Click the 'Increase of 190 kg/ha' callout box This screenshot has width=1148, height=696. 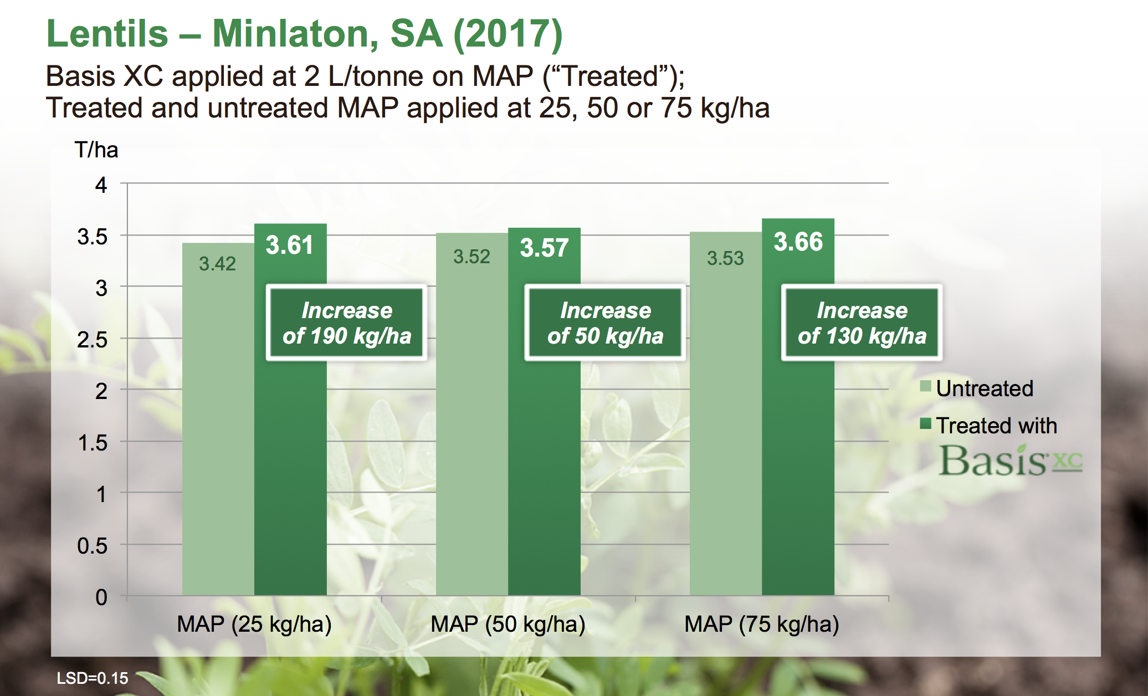click(x=347, y=323)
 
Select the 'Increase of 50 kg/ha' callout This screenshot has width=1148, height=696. click(x=605, y=323)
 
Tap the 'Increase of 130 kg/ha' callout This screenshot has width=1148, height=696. click(x=862, y=323)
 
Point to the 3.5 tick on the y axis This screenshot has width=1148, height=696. click(x=93, y=237)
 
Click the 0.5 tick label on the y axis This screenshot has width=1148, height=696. click(x=93, y=546)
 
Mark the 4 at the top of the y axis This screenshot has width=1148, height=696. click(x=101, y=185)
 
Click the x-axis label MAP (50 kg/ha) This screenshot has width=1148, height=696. click(x=508, y=625)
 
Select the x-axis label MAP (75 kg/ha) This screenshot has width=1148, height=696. click(x=762, y=625)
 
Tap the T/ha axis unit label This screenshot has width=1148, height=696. click(x=96, y=150)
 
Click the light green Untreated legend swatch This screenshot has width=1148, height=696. click(x=925, y=386)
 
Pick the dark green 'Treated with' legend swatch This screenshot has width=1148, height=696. click(x=925, y=424)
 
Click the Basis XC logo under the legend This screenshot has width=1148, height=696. click(x=1010, y=461)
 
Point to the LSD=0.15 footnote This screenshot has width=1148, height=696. click(x=93, y=678)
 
